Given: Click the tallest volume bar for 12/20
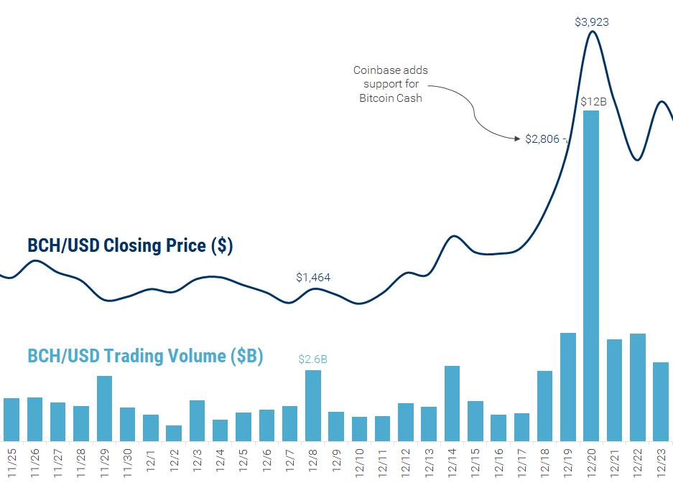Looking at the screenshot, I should point(591,275).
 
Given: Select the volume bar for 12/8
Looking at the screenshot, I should point(313,405).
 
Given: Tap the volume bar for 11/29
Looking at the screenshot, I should point(104,408).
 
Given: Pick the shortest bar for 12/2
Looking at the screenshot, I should point(174,433).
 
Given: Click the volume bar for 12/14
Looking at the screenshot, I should point(452,403).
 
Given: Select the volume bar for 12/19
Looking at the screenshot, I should point(568,387).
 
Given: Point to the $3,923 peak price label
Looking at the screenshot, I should point(592,22).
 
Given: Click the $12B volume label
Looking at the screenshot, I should point(593,101).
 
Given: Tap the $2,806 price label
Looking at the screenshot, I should point(542,139).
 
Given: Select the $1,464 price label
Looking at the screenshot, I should point(313,277).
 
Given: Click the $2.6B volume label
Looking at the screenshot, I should point(313,359).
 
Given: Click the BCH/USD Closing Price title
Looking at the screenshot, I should point(130,245).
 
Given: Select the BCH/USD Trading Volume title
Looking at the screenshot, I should point(145,355).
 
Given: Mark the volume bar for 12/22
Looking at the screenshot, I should point(638,387).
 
